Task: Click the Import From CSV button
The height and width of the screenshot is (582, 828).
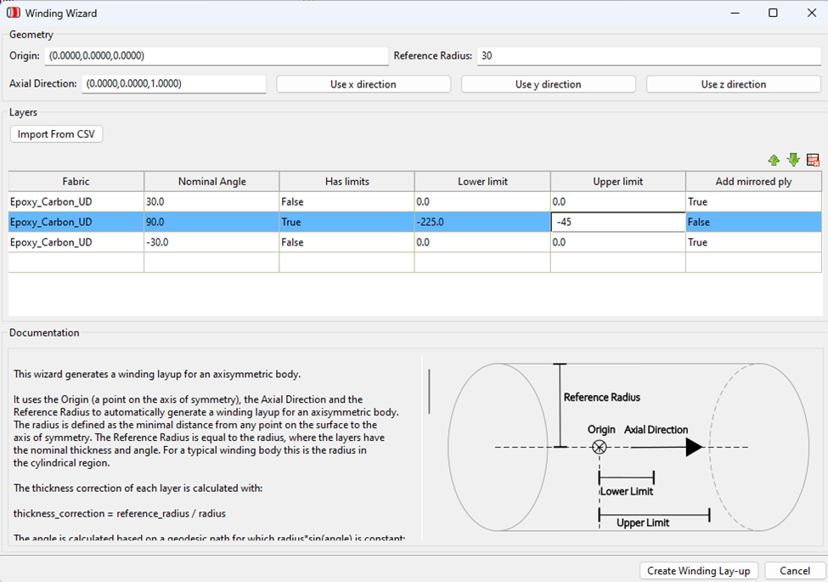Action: (56, 134)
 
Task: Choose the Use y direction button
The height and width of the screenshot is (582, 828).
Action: (548, 84)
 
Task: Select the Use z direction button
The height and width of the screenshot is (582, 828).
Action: (733, 84)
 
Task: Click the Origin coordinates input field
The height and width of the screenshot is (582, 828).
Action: (216, 56)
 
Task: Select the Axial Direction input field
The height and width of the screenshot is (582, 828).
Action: (173, 84)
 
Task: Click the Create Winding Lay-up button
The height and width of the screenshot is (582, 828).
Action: (698, 571)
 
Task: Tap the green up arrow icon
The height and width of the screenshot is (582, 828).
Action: (774, 160)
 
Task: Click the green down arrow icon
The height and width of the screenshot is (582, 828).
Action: (793, 160)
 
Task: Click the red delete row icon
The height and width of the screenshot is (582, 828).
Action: (813, 160)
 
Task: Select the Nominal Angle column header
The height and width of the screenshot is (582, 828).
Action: (211, 182)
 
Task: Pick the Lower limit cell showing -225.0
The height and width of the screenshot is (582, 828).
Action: (482, 222)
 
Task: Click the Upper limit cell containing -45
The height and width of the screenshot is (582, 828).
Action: (617, 222)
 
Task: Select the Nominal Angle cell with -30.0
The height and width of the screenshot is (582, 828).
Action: (211, 242)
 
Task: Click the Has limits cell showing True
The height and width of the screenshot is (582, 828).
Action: (346, 222)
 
